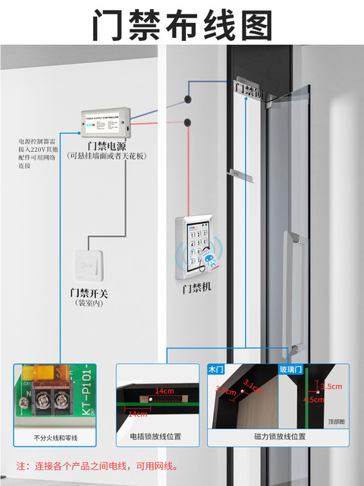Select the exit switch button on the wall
[90, 267]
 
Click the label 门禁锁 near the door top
[249, 90]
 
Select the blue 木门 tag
[217, 369]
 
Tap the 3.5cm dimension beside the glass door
[332, 386]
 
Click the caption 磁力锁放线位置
[280, 437]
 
